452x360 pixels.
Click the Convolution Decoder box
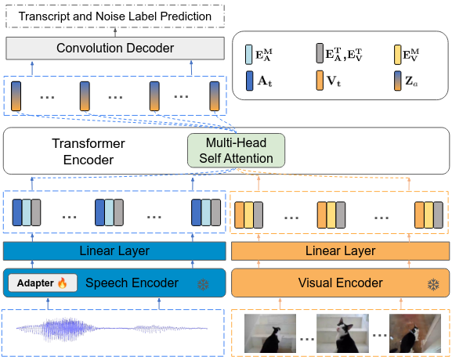[114, 49]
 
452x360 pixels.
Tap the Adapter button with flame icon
[42, 283]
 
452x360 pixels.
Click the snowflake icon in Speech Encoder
[203, 283]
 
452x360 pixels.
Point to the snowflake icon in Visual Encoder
[432, 283]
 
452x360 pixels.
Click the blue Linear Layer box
[114, 251]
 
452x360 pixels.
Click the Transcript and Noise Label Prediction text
[114, 16]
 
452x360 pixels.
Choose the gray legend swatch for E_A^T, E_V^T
[320, 55]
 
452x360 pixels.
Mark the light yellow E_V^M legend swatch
[398, 55]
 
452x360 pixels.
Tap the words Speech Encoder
[132, 283]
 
